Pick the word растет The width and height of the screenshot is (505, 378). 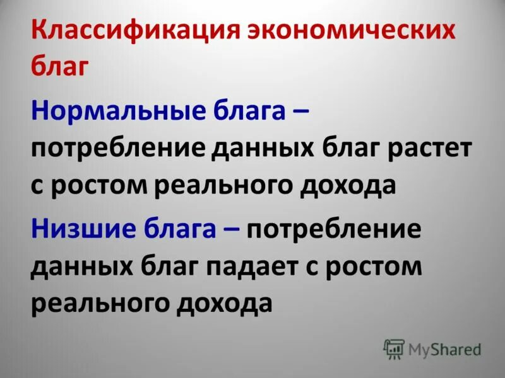click(x=432, y=149)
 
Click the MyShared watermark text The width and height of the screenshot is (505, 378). click(x=444, y=349)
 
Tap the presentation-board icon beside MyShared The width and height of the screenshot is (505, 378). click(x=393, y=348)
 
